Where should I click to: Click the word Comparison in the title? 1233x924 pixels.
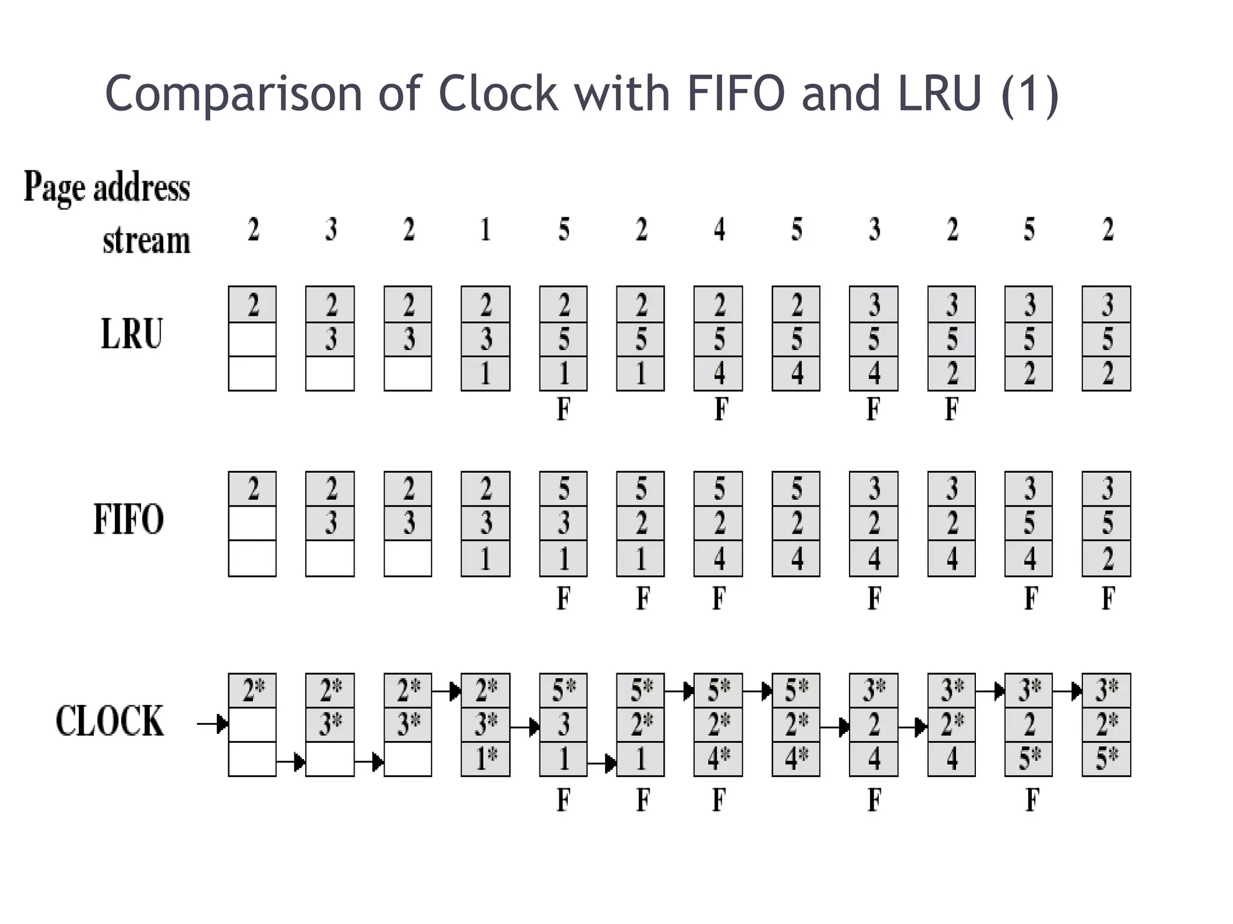click(234, 94)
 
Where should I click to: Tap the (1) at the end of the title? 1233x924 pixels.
click(1030, 94)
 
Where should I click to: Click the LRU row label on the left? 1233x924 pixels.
click(131, 334)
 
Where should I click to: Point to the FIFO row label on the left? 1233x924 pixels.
click(128, 520)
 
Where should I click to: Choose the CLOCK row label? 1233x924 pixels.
click(110, 721)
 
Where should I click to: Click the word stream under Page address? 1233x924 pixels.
click(146, 241)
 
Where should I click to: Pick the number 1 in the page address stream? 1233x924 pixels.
click(485, 229)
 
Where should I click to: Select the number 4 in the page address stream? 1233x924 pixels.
click(719, 229)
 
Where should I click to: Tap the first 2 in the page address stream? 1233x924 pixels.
click(253, 229)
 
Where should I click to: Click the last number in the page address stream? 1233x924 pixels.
click(1108, 229)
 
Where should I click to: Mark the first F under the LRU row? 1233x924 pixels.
click(563, 410)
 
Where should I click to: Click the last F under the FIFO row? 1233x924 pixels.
click(1108, 599)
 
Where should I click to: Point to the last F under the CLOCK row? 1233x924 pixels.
click(1032, 800)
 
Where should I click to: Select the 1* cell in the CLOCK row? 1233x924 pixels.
click(486, 759)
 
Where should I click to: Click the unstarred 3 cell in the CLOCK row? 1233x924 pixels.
click(564, 724)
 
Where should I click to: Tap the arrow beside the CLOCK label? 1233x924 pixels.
click(213, 724)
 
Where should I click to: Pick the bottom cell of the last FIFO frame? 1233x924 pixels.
click(1107, 559)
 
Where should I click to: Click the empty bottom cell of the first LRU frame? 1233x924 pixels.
click(252, 374)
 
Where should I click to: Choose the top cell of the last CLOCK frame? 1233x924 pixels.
click(1107, 690)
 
